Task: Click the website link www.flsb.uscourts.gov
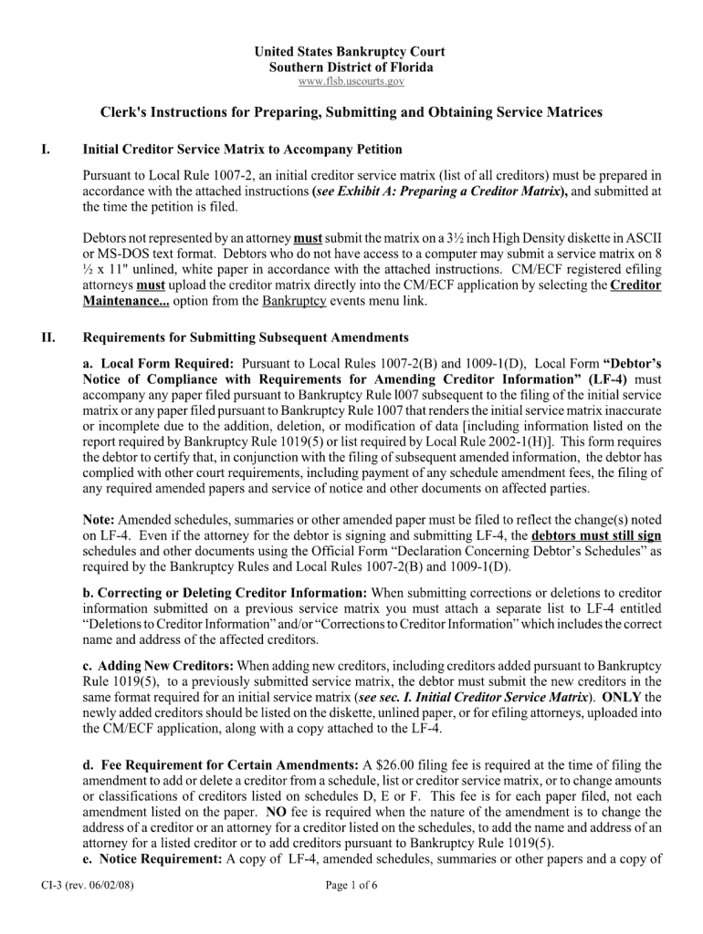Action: tap(351, 82)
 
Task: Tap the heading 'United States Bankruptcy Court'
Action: tap(351, 53)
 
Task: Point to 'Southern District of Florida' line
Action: tap(351, 67)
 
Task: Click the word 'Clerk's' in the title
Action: tap(124, 112)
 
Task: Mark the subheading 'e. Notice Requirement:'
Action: tap(152, 859)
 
